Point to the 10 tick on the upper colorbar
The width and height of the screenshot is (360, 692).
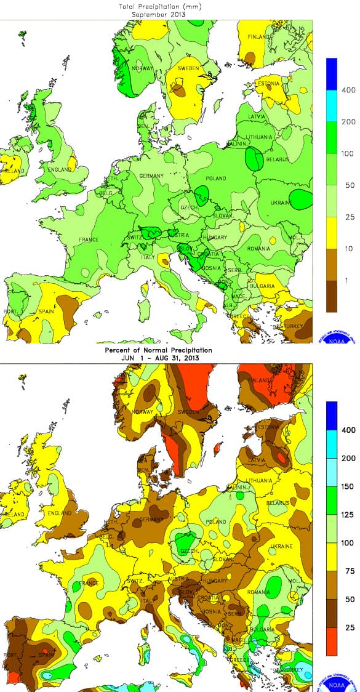click(349, 248)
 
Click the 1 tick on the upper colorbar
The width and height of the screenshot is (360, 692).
click(349, 280)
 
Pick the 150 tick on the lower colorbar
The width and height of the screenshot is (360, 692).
click(349, 486)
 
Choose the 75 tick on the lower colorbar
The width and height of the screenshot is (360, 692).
click(349, 571)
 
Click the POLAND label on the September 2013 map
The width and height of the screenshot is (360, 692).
click(216, 179)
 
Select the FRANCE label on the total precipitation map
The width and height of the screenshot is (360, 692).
click(89, 239)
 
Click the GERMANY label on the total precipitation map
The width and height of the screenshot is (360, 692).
click(151, 176)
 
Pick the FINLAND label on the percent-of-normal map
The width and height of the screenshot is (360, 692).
click(259, 380)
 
